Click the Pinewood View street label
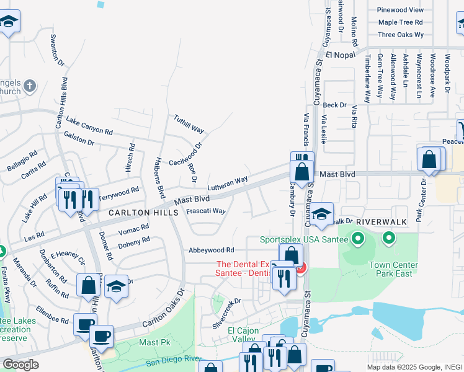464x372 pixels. pyautogui.click(x=401, y=10)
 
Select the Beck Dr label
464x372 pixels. pyautogui.click(x=334, y=105)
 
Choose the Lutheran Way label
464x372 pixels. pyautogui.click(x=227, y=183)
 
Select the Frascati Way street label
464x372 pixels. pyautogui.click(x=206, y=211)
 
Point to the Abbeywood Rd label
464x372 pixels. pyautogui.click(x=212, y=250)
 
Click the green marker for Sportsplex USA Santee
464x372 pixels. pyautogui.click(x=357, y=237)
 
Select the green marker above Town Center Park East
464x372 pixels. pyautogui.click(x=389, y=237)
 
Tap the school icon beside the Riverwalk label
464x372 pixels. pyautogui.click(x=321, y=214)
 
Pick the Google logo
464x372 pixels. pyautogui.click(x=20, y=365)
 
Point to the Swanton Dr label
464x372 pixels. pyautogui.click(x=57, y=49)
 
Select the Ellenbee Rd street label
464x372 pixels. pyautogui.click(x=52, y=314)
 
